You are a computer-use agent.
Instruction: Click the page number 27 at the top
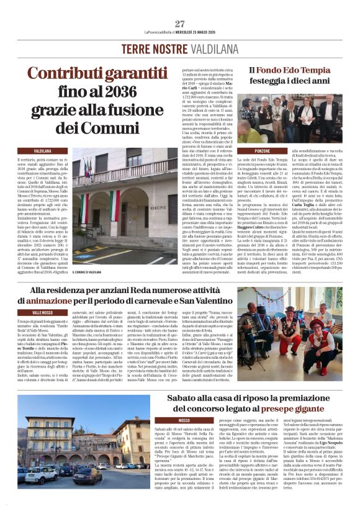[180, 24]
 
